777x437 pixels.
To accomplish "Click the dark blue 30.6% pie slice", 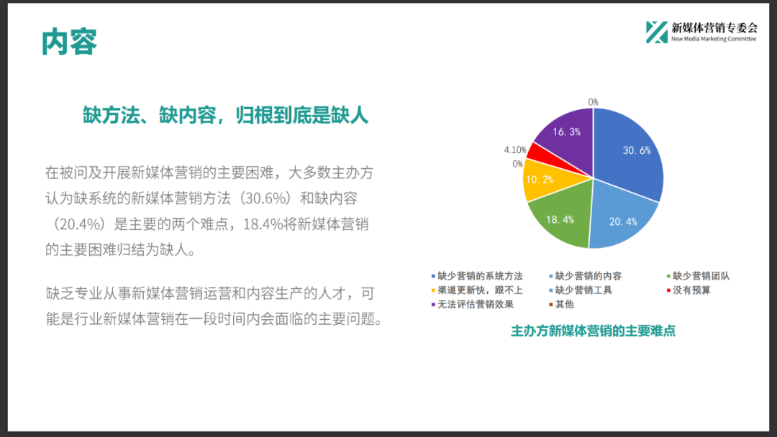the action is (630, 153).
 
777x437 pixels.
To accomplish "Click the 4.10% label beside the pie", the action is (515, 149).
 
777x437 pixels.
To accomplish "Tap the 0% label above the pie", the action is (593, 102).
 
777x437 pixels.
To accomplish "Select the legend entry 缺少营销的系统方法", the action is (477, 276).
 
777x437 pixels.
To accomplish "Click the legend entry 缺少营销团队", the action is (698, 276).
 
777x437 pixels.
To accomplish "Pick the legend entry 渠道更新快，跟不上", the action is (477, 290).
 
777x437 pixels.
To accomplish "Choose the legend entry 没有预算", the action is (689, 290).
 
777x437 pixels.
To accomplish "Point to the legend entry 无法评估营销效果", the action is (472, 304).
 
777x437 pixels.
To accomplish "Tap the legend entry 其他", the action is (561, 304).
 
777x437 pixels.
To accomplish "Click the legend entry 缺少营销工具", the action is (581, 290).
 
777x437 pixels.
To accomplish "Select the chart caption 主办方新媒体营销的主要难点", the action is (593, 331).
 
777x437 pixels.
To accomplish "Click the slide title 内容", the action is (69, 42).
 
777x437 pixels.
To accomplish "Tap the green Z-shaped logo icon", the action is (657, 32).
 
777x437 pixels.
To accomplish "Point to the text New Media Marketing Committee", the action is (714, 39).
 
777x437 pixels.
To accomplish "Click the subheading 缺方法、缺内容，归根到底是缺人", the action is (225, 115).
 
